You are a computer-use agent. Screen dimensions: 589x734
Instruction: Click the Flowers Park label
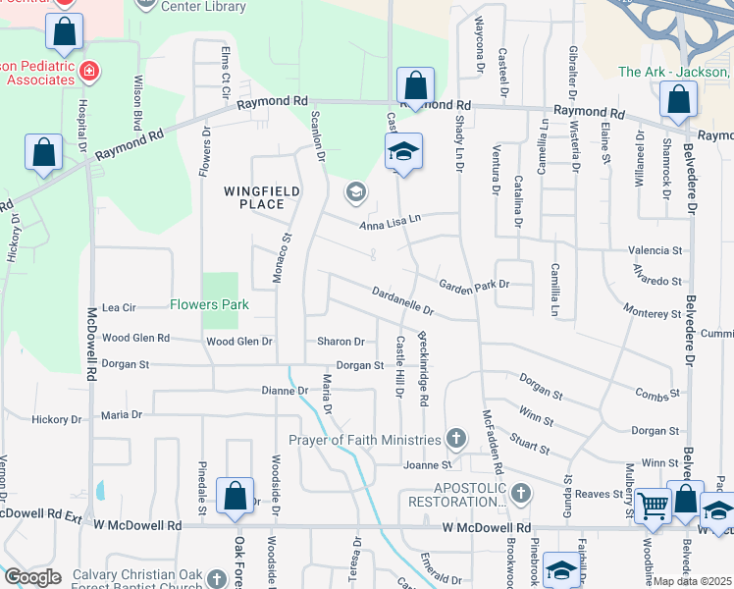[208, 305]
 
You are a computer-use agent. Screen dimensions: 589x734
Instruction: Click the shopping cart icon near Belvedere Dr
[652, 507]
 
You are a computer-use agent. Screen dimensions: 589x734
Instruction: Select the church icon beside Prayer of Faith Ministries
[455, 438]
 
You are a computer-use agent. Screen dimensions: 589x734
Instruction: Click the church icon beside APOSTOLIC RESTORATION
[520, 493]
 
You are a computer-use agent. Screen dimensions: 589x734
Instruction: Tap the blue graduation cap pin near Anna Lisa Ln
[402, 152]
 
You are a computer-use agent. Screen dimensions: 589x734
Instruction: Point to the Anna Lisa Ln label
[390, 224]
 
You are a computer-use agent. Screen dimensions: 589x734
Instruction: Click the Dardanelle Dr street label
[403, 300]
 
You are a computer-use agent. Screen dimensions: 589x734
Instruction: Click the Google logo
[32, 576]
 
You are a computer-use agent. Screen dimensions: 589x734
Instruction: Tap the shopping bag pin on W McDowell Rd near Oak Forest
[236, 496]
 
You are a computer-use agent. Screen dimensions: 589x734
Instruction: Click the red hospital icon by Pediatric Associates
[90, 71]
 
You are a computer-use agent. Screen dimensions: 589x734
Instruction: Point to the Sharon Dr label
[341, 342]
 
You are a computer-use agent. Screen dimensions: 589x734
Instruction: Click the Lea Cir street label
[118, 306]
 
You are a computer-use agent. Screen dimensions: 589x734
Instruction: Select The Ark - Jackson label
[674, 72]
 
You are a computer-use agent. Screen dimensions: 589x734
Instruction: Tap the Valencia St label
[656, 251]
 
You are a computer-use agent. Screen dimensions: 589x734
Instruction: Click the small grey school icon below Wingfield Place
[356, 191]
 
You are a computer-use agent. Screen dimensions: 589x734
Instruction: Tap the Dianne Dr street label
[285, 391]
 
